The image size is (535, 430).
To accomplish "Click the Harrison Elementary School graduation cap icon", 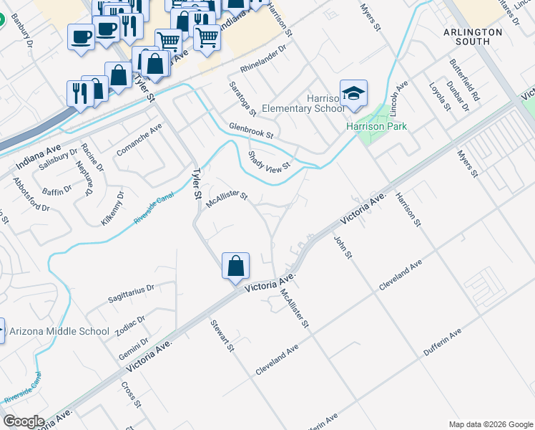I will point(353,93).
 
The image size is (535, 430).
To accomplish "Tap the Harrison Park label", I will point(376,126).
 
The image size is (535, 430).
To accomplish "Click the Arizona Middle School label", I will point(59,331).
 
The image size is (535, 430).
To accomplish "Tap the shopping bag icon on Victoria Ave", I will point(235,267).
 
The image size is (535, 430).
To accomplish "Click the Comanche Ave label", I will point(139,135).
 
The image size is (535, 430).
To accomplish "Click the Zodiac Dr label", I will point(131,320).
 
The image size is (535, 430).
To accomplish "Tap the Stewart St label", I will point(222,335).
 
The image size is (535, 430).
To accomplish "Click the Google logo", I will point(24,421).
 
